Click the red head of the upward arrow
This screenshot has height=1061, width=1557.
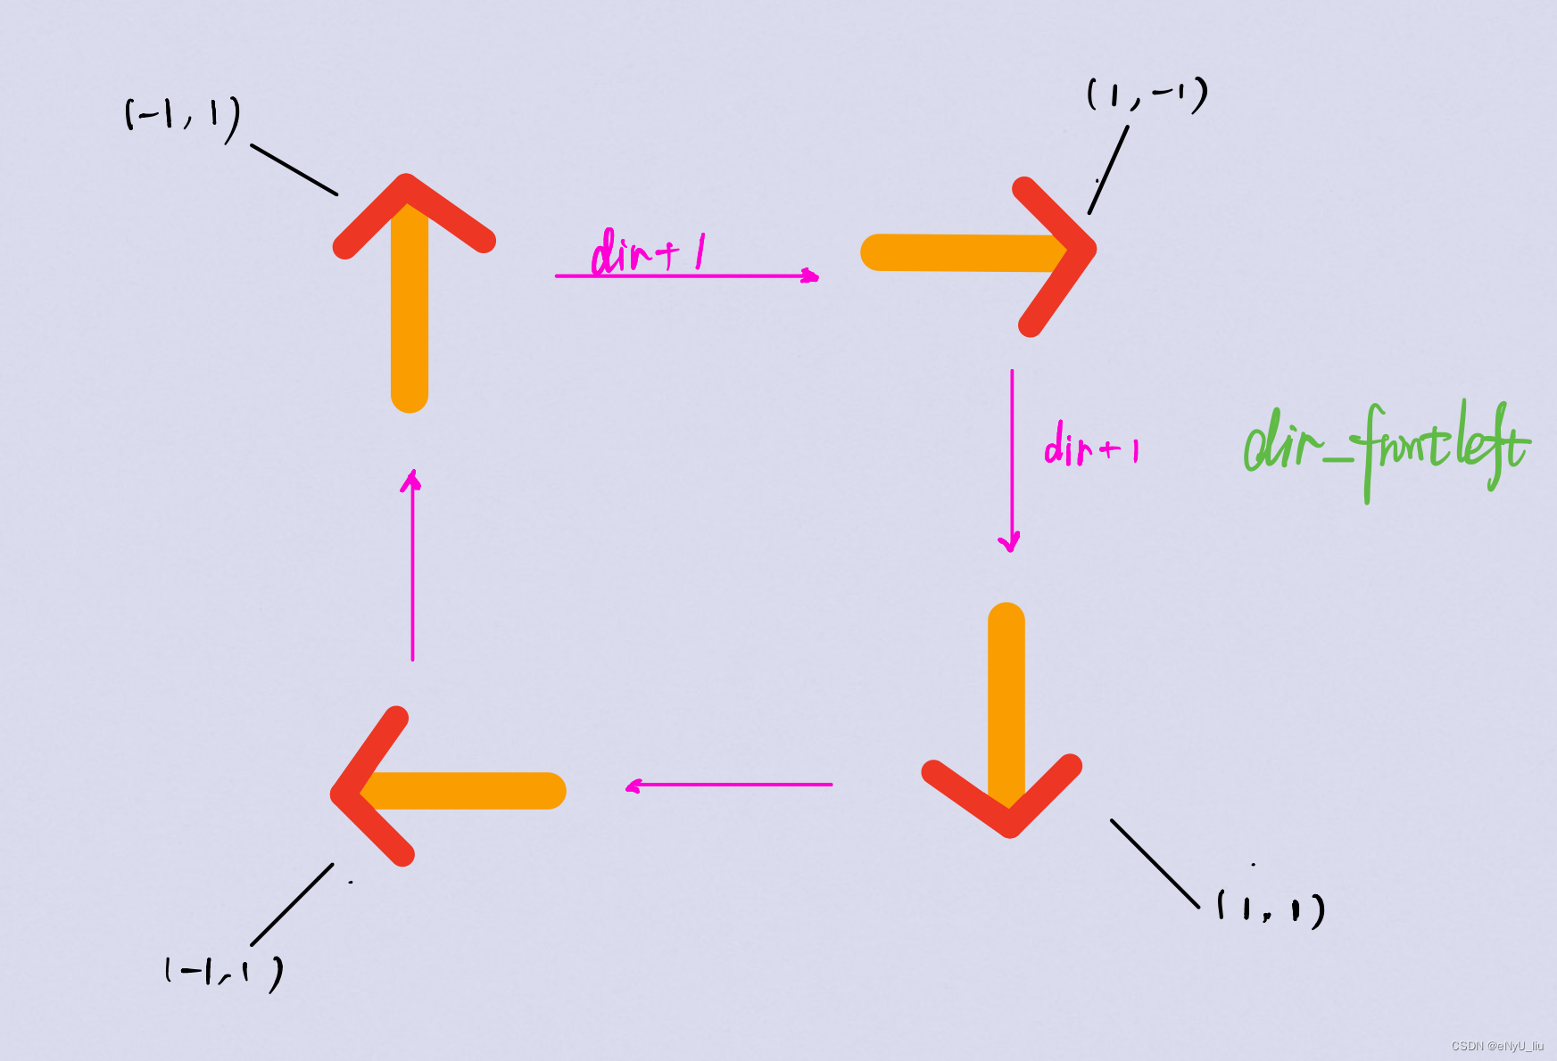[x=412, y=210]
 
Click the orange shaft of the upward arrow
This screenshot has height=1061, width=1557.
[x=410, y=321]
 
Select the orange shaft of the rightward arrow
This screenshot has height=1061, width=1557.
[x=955, y=252]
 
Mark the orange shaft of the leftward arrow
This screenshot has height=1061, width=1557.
[x=473, y=791]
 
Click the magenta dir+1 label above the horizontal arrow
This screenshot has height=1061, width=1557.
[x=648, y=251]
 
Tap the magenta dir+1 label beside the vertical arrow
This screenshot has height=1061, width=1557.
[x=1091, y=445]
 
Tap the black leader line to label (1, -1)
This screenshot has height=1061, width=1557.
[x=1108, y=169]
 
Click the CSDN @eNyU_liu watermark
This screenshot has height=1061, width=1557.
[x=1496, y=1046]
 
